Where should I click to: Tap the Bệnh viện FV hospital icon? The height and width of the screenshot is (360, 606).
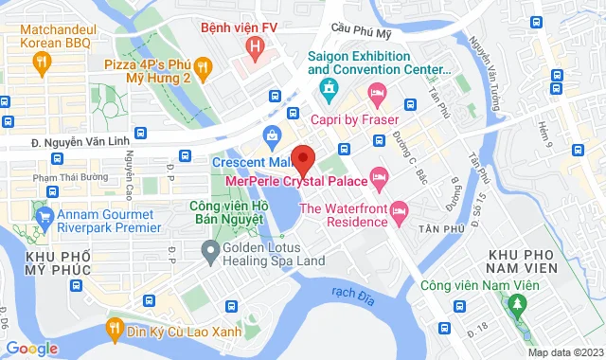coord(253,45)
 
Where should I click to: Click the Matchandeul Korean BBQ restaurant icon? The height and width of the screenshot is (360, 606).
coord(41,62)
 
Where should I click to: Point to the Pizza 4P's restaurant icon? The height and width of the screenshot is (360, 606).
coord(207,66)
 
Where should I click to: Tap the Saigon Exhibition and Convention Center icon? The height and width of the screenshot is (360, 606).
coord(329,92)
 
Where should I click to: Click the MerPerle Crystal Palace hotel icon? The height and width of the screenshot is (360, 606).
coord(379,176)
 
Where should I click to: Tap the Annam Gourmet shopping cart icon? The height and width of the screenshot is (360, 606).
coord(44,216)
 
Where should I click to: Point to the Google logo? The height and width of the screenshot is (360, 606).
coord(33,348)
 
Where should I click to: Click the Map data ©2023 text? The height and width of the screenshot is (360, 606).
coord(564,352)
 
